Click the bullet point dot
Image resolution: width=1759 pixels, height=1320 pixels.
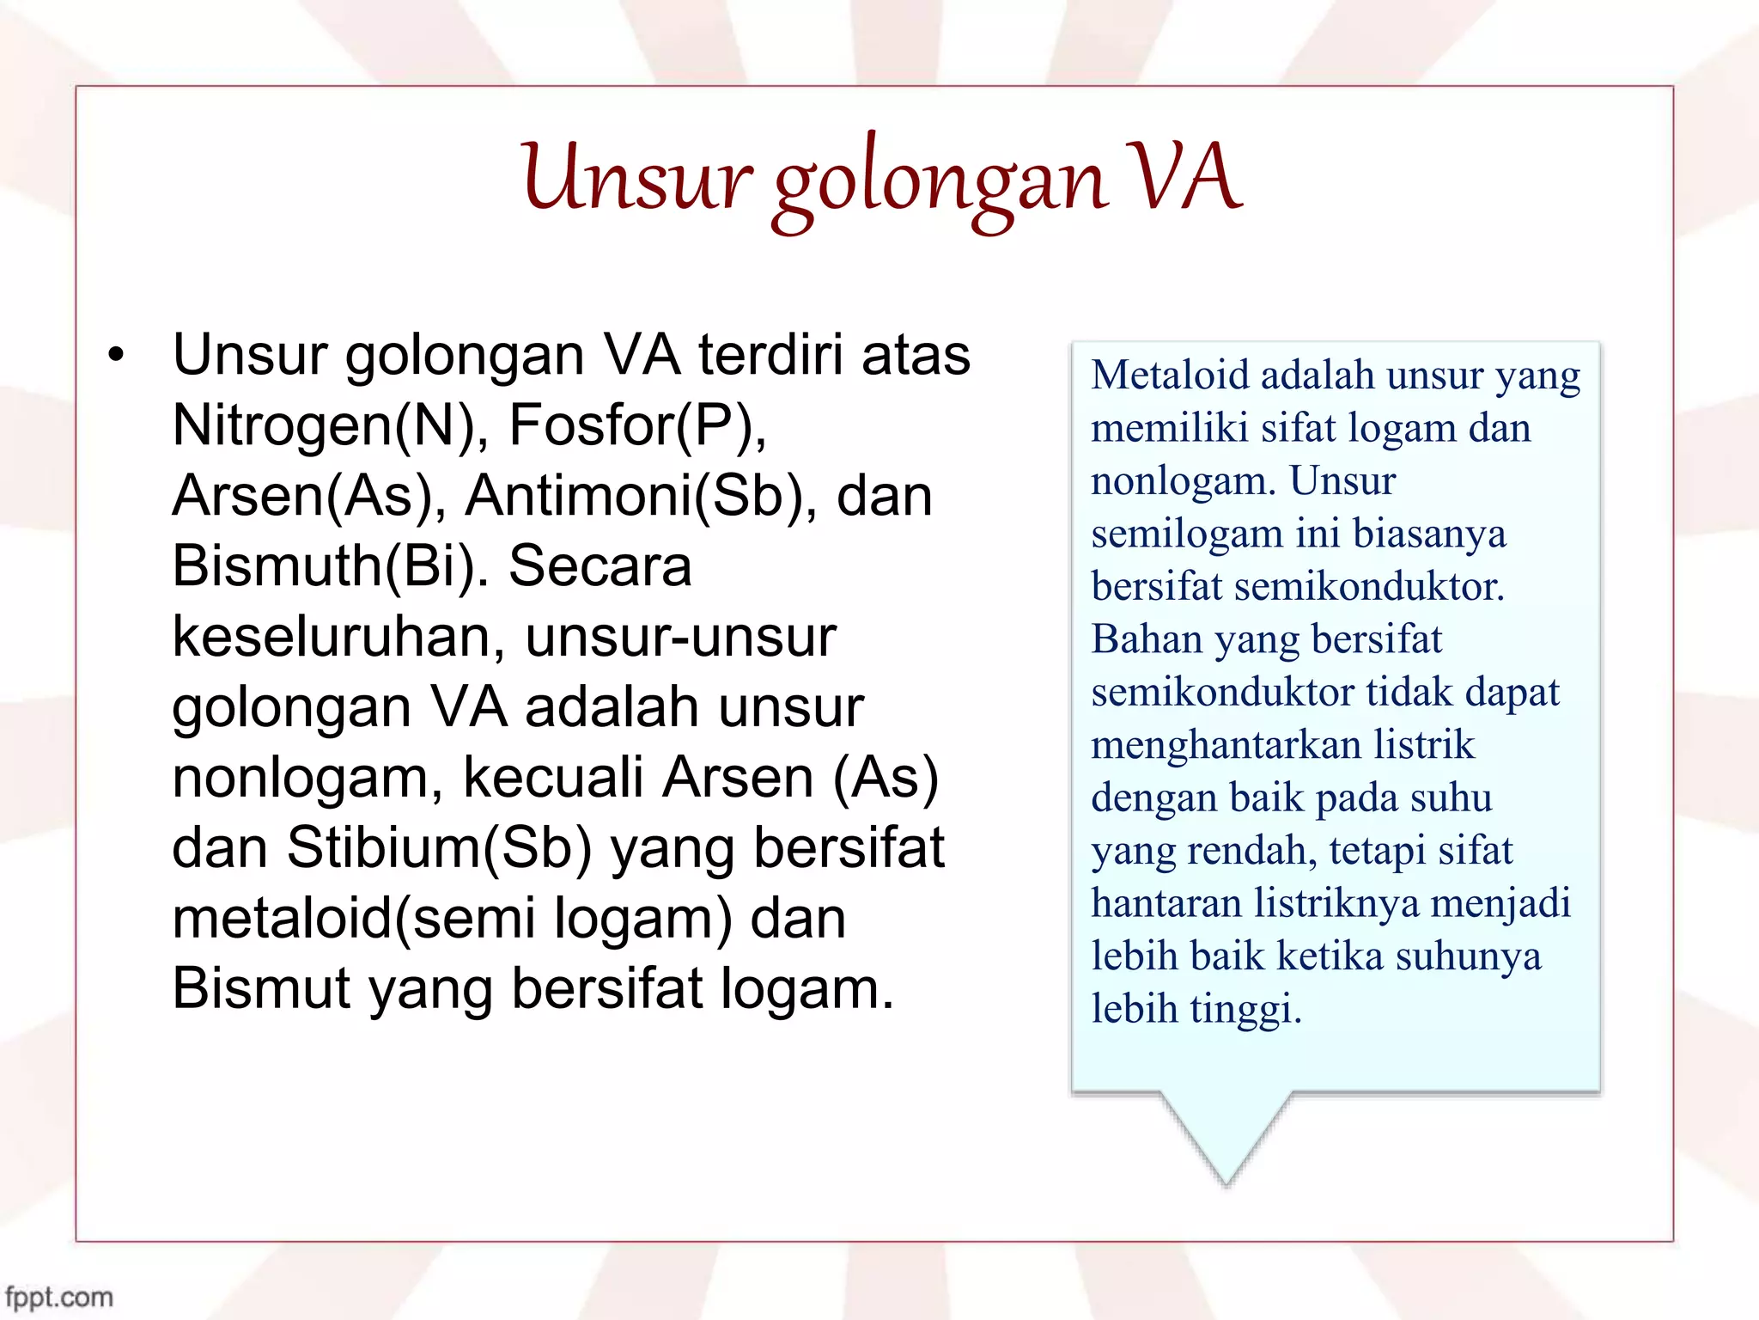click(117, 355)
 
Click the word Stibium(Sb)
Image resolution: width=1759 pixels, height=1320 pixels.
click(439, 848)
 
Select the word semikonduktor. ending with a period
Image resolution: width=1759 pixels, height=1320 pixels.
click(1369, 587)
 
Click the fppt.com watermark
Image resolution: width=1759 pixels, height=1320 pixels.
click(58, 1296)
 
